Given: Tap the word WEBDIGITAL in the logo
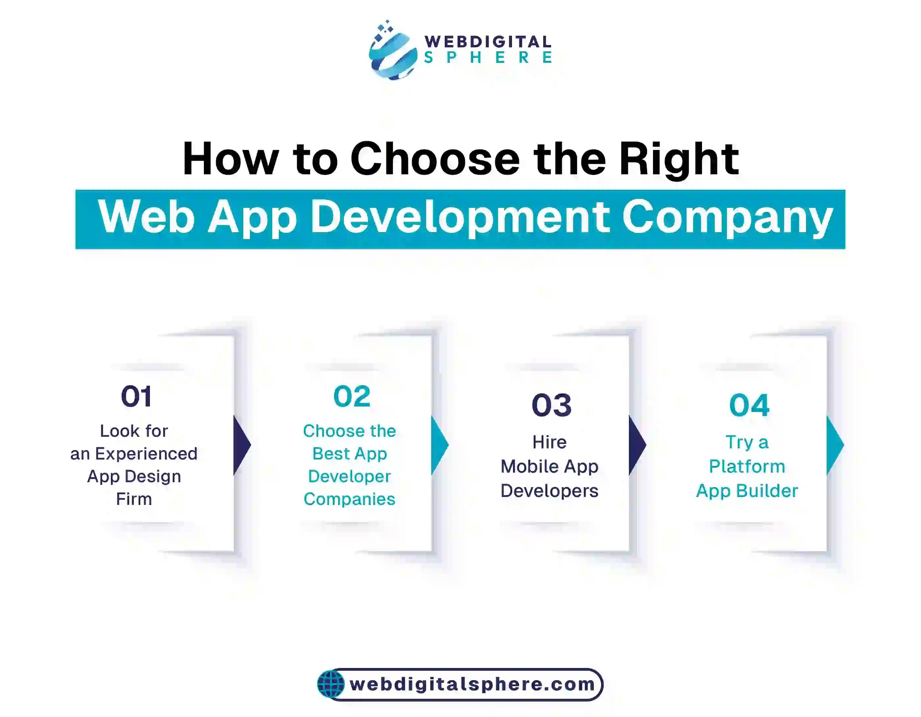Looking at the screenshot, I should point(488,42).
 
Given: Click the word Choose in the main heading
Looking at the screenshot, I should point(435,160).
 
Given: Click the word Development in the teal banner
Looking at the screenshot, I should point(460,217).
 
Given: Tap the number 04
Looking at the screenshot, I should point(749,405).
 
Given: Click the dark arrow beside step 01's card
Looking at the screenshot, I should point(242,445).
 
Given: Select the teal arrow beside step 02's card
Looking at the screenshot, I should point(439,445).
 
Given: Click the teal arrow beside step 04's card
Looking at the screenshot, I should point(834,445).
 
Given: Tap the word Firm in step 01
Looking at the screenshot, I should point(134,499).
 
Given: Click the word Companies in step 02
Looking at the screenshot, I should point(349,499).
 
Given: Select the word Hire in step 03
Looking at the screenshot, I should point(549,442).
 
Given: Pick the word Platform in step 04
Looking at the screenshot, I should point(747,466).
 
